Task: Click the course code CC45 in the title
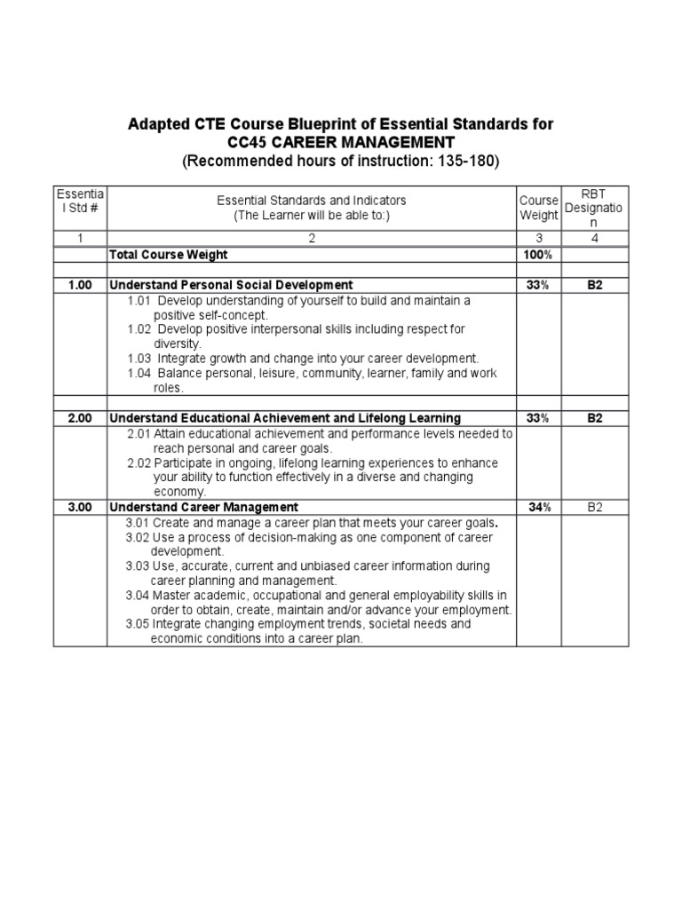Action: (248, 143)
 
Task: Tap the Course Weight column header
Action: (538, 208)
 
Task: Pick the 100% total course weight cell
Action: (538, 255)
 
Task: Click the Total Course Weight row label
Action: (168, 255)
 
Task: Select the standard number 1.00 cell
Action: (80, 285)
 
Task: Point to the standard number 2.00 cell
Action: (80, 418)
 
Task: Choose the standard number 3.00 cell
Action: (80, 507)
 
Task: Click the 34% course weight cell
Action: (538, 507)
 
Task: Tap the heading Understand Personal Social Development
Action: (230, 285)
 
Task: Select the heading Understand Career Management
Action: (203, 507)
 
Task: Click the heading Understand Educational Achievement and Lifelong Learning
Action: (284, 418)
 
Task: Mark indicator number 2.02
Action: (139, 463)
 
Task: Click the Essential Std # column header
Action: (80, 202)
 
